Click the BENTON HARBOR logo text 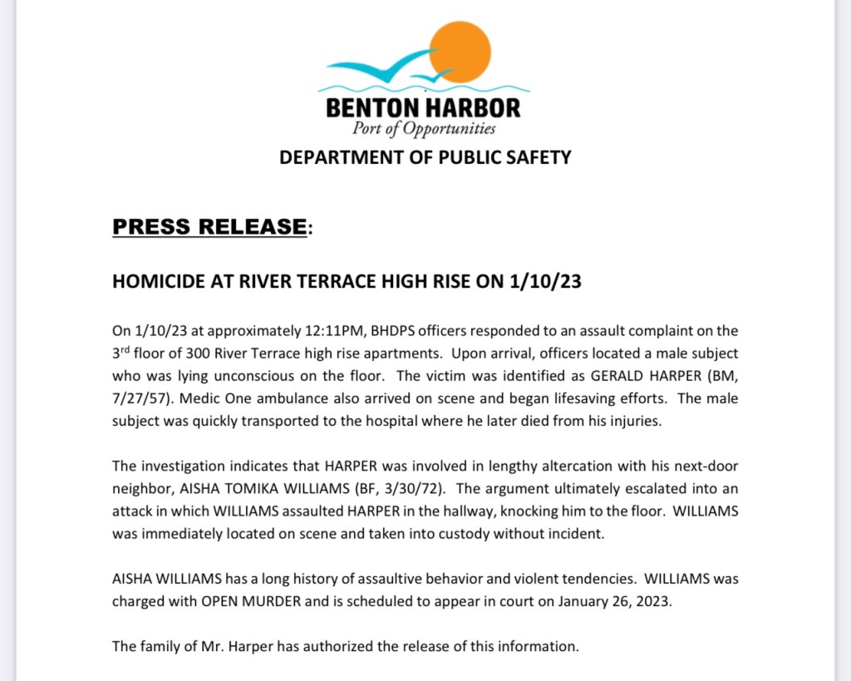(423, 108)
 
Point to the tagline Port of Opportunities (424, 129)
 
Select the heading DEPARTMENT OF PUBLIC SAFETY (425, 157)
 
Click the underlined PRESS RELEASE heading (209, 226)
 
